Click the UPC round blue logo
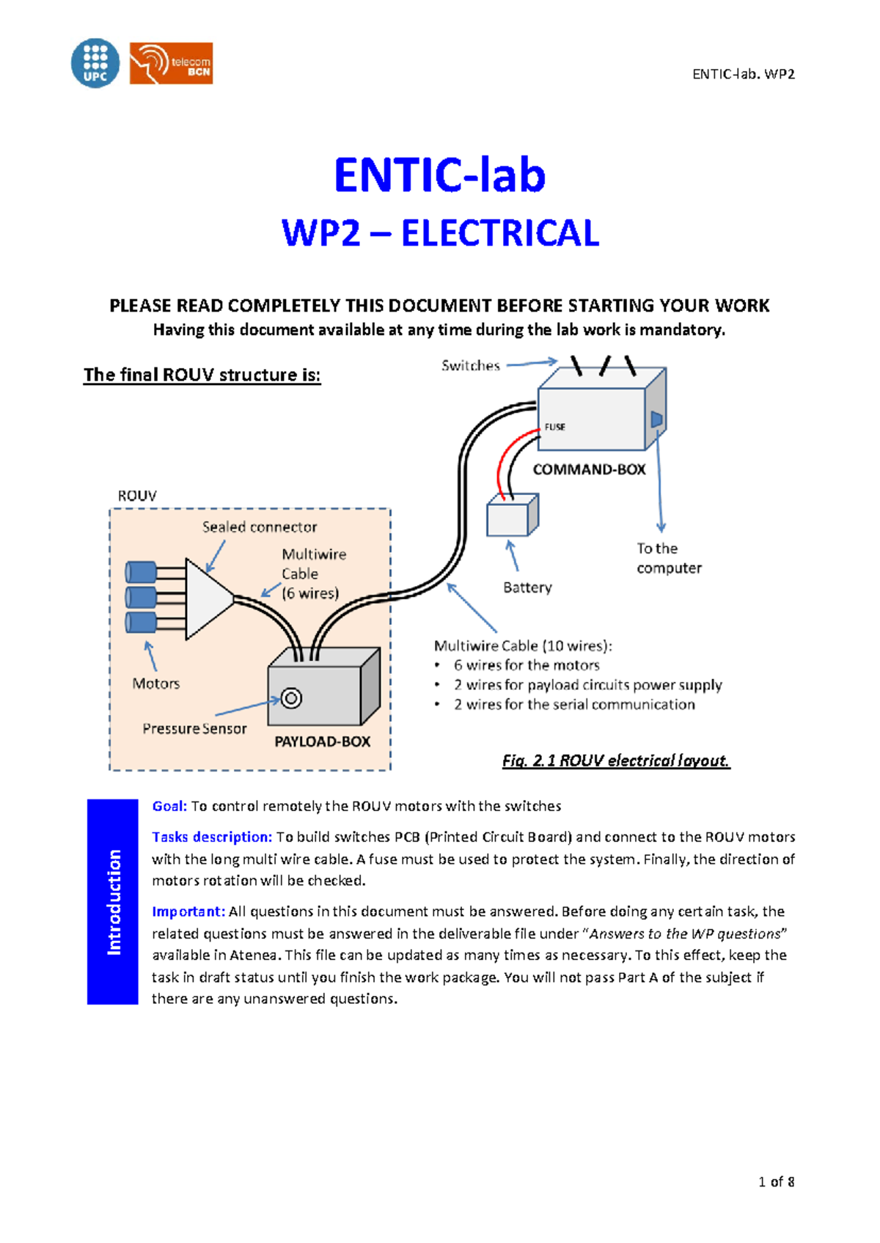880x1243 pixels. point(95,63)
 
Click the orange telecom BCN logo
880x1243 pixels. point(171,63)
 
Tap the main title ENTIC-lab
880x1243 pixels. point(439,175)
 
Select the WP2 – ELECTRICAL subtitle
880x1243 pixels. point(440,233)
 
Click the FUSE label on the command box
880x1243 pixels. point(554,427)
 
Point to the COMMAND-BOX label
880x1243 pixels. point(589,469)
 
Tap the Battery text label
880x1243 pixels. point(527,587)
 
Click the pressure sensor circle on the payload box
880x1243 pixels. point(291,698)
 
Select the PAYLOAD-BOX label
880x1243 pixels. point(322,741)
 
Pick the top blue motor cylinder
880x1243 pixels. point(141,571)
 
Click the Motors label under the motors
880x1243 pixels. point(155,683)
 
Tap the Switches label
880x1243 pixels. point(470,365)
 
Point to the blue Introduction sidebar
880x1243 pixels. point(113,901)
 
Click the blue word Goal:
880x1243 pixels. point(169,806)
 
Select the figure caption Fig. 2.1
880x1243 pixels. point(615,760)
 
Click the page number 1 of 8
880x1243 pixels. point(776,1181)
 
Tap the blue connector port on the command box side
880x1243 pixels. point(656,420)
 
